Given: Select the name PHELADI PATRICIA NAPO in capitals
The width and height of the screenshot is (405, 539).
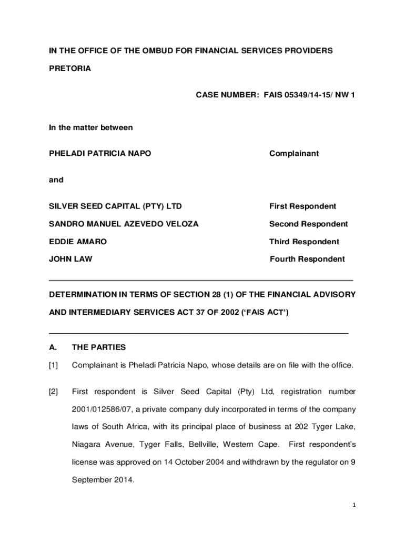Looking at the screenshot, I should (x=100, y=154).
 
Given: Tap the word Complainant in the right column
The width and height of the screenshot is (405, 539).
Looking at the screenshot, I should (x=294, y=154).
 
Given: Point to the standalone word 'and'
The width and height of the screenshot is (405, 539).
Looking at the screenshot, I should (x=56, y=180).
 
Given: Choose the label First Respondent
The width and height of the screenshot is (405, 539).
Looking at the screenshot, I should (x=302, y=206).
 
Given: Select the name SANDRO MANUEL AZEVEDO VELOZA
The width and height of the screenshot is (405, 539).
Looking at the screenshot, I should (x=124, y=224).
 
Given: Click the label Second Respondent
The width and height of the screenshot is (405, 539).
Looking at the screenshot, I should (x=308, y=224).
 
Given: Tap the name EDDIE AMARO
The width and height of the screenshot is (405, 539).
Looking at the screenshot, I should (x=78, y=242).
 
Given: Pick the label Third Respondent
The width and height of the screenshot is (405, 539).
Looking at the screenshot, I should (x=304, y=242).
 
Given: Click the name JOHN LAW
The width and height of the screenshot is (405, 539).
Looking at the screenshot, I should (x=70, y=259).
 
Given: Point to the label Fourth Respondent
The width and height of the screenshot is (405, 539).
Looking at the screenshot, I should (x=307, y=259).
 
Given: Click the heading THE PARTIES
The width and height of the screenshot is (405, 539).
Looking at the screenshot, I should (x=99, y=347).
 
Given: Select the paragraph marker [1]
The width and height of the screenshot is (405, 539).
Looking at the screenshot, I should (x=54, y=365).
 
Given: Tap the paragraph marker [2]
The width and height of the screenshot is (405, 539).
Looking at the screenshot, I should (x=54, y=392).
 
